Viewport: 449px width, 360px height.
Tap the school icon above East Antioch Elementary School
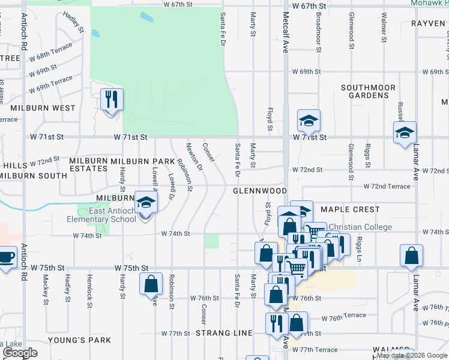pyautogui.click(x=145, y=202)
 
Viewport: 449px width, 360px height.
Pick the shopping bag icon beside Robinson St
pyautogui.click(x=151, y=283)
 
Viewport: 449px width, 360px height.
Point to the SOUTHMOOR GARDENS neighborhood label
pyautogui.click(x=368, y=91)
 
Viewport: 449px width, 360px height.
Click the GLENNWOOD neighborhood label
pyautogui.click(x=260, y=191)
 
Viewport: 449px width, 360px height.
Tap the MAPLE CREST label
pyautogui.click(x=350, y=209)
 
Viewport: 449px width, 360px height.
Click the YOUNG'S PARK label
pyautogui.click(x=86, y=340)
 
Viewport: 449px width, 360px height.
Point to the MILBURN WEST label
pyautogui.click(x=43, y=108)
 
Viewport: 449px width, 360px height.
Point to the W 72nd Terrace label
pyautogui.click(x=387, y=187)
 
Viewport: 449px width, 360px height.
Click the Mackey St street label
pyautogui.click(x=46, y=290)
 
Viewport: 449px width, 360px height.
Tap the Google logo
pyautogui.click(x=20, y=353)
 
